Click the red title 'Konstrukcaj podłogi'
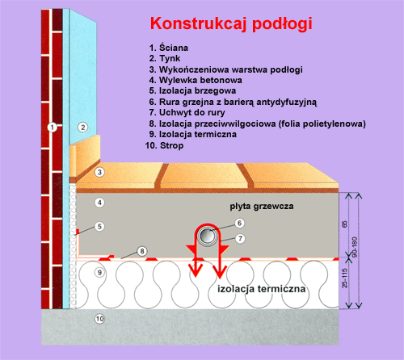coord(231,23)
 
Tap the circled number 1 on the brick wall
coord(53,127)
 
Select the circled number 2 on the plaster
coord(83,127)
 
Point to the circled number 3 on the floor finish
coord(99,172)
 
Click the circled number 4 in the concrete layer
coord(99,203)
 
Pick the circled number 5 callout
coord(99,226)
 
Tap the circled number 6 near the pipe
coord(239,223)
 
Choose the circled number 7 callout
coord(240,238)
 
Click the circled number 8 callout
coord(142,251)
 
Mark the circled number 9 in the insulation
coord(99,273)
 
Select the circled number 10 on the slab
coord(99,319)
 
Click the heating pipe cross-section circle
coord(207,237)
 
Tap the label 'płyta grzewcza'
coord(262,207)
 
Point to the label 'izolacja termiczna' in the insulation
coord(262,289)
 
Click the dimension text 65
coord(344,224)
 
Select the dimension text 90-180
coord(355,247)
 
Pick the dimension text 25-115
coord(344,278)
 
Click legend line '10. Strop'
coord(164,145)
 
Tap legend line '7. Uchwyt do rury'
coord(187,112)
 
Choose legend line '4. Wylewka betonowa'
coord(196,80)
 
